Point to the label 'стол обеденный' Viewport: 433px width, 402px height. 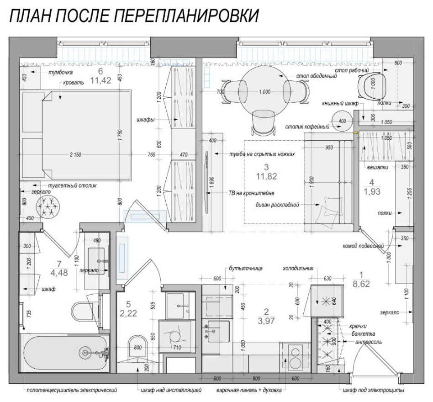pyautogui.click(x=317, y=76)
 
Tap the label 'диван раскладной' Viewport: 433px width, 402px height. pyautogui.click(x=277, y=205)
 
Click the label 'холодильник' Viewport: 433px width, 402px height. pyautogui.click(x=298, y=269)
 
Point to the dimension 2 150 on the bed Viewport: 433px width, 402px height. pyautogui.click(x=75, y=155)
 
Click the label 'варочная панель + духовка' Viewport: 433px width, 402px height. pyautogui.click(x=249, y=391)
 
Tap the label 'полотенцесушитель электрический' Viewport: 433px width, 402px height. pyautogui.click(x=72, y=391)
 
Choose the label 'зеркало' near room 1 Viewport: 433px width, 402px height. pyautogui.click(x=389, y=312)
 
